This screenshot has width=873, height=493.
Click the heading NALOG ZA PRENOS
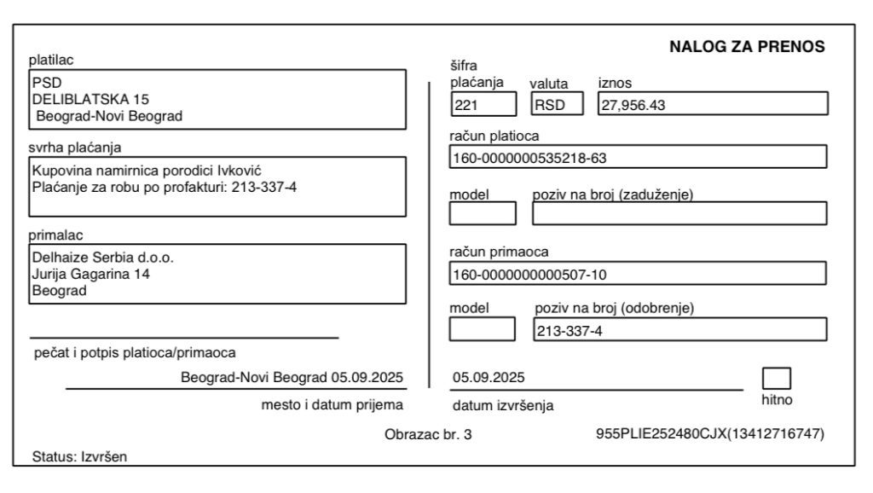pos(749,47)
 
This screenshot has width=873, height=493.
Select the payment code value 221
pos(483,104)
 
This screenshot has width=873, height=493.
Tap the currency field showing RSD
pos(558,104)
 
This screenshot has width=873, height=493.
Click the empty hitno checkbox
pos(776,378)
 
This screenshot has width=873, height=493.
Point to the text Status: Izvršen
pos(78,456)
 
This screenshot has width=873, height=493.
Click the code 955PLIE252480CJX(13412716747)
pos(710,434)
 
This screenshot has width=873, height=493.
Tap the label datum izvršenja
pos(502,406)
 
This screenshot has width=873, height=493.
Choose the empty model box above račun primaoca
pos(483,212)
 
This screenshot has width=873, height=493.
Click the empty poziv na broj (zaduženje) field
pos(679,212)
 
